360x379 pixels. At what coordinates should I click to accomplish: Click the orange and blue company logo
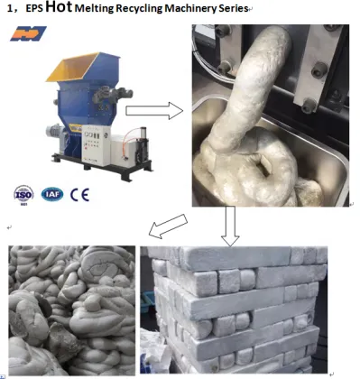click(x=28, y=35)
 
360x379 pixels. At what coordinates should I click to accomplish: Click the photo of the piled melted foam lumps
click(x=71, y=308)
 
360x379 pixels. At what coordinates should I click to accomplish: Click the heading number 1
click(x=10, y=12)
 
